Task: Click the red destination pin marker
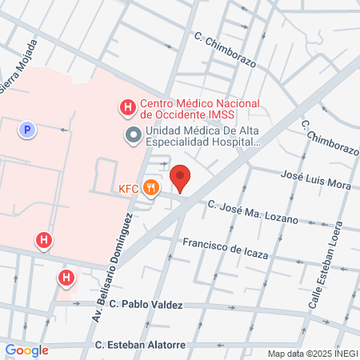click(181, 178)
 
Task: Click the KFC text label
click(128, 190)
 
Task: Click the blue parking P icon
click(27, 128)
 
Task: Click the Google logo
click(26, 350)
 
